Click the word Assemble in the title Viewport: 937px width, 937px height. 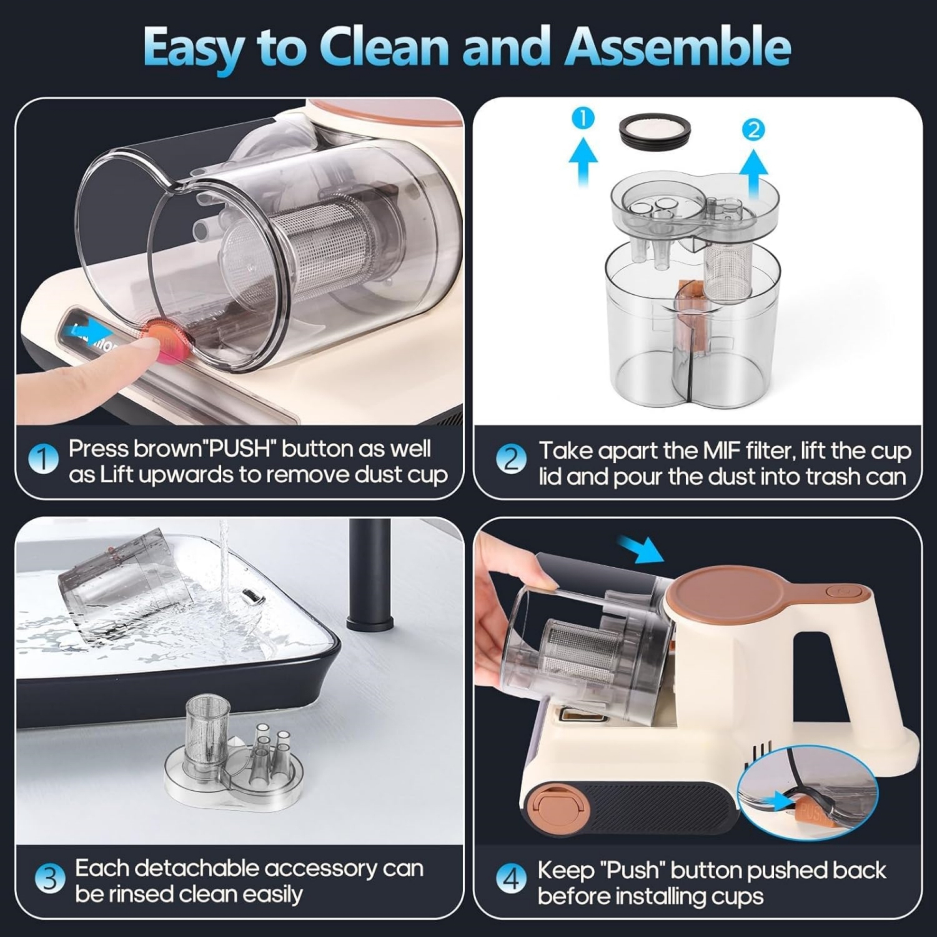point(678,47)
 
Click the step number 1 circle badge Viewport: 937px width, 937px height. point(43,461)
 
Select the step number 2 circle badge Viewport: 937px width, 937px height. point(511,461)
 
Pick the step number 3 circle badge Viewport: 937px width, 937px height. point(49,880)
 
